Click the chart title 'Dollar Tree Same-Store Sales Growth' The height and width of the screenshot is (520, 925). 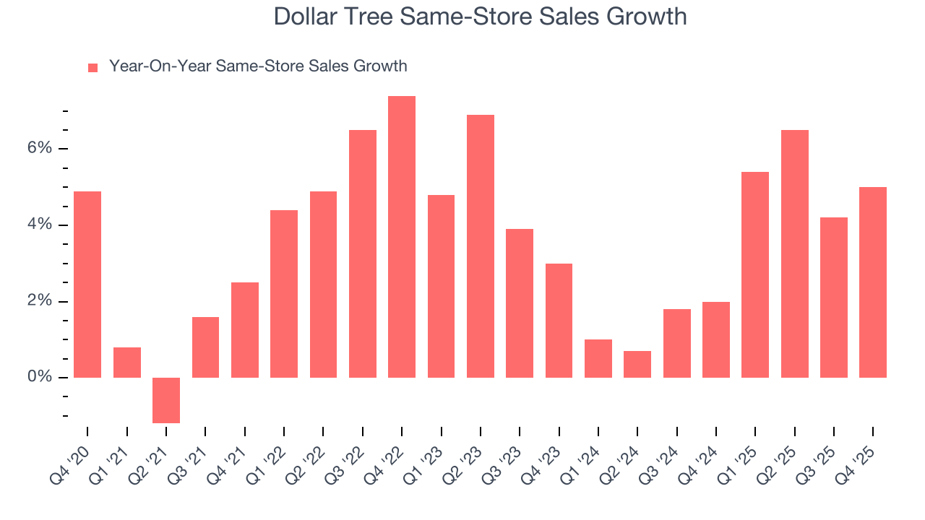[480, 17]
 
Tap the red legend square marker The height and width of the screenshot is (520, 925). [92, 67]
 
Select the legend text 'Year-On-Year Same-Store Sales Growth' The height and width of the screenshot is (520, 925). [258, 66]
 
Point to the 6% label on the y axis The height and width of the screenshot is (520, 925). [40, 149]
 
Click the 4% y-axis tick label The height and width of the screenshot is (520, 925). [40, 225]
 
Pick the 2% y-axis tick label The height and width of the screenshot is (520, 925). [40, 302]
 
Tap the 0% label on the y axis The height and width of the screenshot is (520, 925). [40, 378]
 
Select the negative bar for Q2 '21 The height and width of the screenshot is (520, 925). [166, 400]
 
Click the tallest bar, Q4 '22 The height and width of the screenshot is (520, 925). [402, 237]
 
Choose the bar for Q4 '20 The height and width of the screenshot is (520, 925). [87, 285]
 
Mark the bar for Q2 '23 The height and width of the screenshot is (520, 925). [481, 246]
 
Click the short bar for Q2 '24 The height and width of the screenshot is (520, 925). [637, 365]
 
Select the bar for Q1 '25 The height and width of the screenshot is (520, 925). [755, 274]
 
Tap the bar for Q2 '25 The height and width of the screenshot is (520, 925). [794, 253]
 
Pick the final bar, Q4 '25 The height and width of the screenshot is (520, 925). [873, 282]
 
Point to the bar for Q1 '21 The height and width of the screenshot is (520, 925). [127, 363]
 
